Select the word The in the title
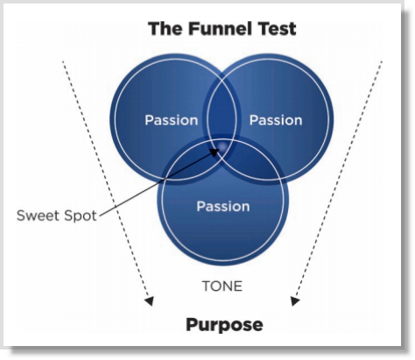point(165,28)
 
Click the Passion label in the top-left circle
point(171,119)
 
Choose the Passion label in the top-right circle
point(275,119)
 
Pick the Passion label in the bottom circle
point(222,207)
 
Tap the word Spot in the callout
point(79,215)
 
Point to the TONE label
point(222,286)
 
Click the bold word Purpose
point(223,325)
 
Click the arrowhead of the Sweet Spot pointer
point(215,149)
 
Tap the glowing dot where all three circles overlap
point(222,147)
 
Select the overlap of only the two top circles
point(222,105)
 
